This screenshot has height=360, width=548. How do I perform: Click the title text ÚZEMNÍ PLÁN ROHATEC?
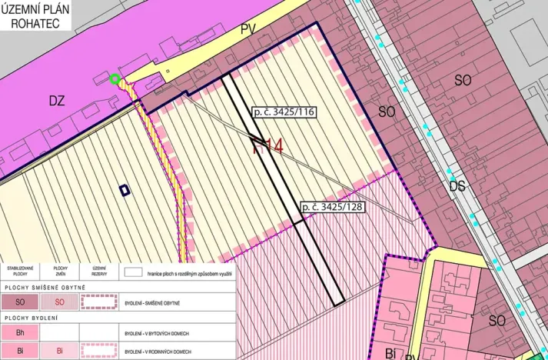(x=35, y=15)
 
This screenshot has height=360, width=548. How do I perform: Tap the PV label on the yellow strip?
(x=247, y=29)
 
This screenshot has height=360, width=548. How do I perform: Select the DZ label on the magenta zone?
(x=57, y=100)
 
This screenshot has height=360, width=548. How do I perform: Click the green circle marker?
(x=115, y=78)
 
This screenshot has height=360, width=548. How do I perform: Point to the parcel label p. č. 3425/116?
(x=282, y=112)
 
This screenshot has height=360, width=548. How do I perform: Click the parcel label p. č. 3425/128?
(x=332, y=207)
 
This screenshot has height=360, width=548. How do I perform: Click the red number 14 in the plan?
(x=268, y=145)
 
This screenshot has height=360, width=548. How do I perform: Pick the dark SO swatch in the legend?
(x=20, y=302)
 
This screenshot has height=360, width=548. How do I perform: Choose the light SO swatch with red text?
(x=59, y=302)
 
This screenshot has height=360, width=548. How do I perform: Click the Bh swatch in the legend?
(x=20, y=332)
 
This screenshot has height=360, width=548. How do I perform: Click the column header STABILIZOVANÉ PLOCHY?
(x=20, y=272)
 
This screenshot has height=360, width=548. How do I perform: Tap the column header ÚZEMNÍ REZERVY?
(x=98, y=272)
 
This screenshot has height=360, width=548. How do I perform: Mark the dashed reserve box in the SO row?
(x=98, y=302)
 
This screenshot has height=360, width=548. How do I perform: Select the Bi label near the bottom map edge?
(x=390, y=353)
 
